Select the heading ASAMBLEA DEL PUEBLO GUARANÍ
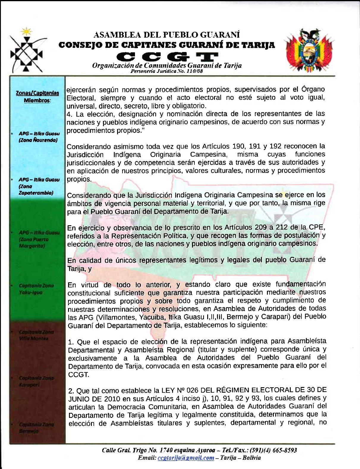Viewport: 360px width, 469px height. [166, 35]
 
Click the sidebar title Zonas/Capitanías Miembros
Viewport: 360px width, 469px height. [37, 96]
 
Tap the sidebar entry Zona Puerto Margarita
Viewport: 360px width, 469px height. [38, 239]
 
